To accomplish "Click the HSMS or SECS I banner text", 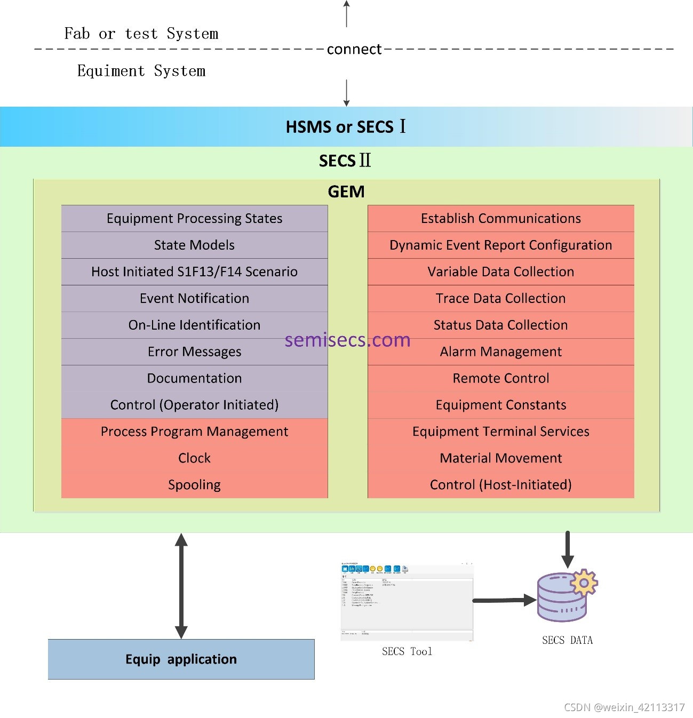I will pos(346,127).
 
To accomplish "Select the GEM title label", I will pos(346,192).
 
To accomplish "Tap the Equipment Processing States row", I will pos(194,219).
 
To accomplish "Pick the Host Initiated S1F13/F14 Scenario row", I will pos(194,272).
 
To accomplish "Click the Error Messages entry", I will pos(194,352).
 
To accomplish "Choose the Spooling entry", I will pos(194,485).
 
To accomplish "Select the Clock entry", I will pos(194,458).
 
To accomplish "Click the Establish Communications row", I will pos(500,219).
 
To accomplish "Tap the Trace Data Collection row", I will pos(500,299).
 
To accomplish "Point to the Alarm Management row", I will pos(500,352).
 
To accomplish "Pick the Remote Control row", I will pos(500,379).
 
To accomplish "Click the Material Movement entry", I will pos(500,458).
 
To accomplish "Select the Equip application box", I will pos(181,659).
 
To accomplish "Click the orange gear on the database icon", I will pos(584,583).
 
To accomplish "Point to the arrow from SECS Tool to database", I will pos(504,600).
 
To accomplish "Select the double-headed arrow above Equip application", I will pos(181,586).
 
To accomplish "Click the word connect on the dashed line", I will pos(354,49).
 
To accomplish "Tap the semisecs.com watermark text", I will pos(347,340).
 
